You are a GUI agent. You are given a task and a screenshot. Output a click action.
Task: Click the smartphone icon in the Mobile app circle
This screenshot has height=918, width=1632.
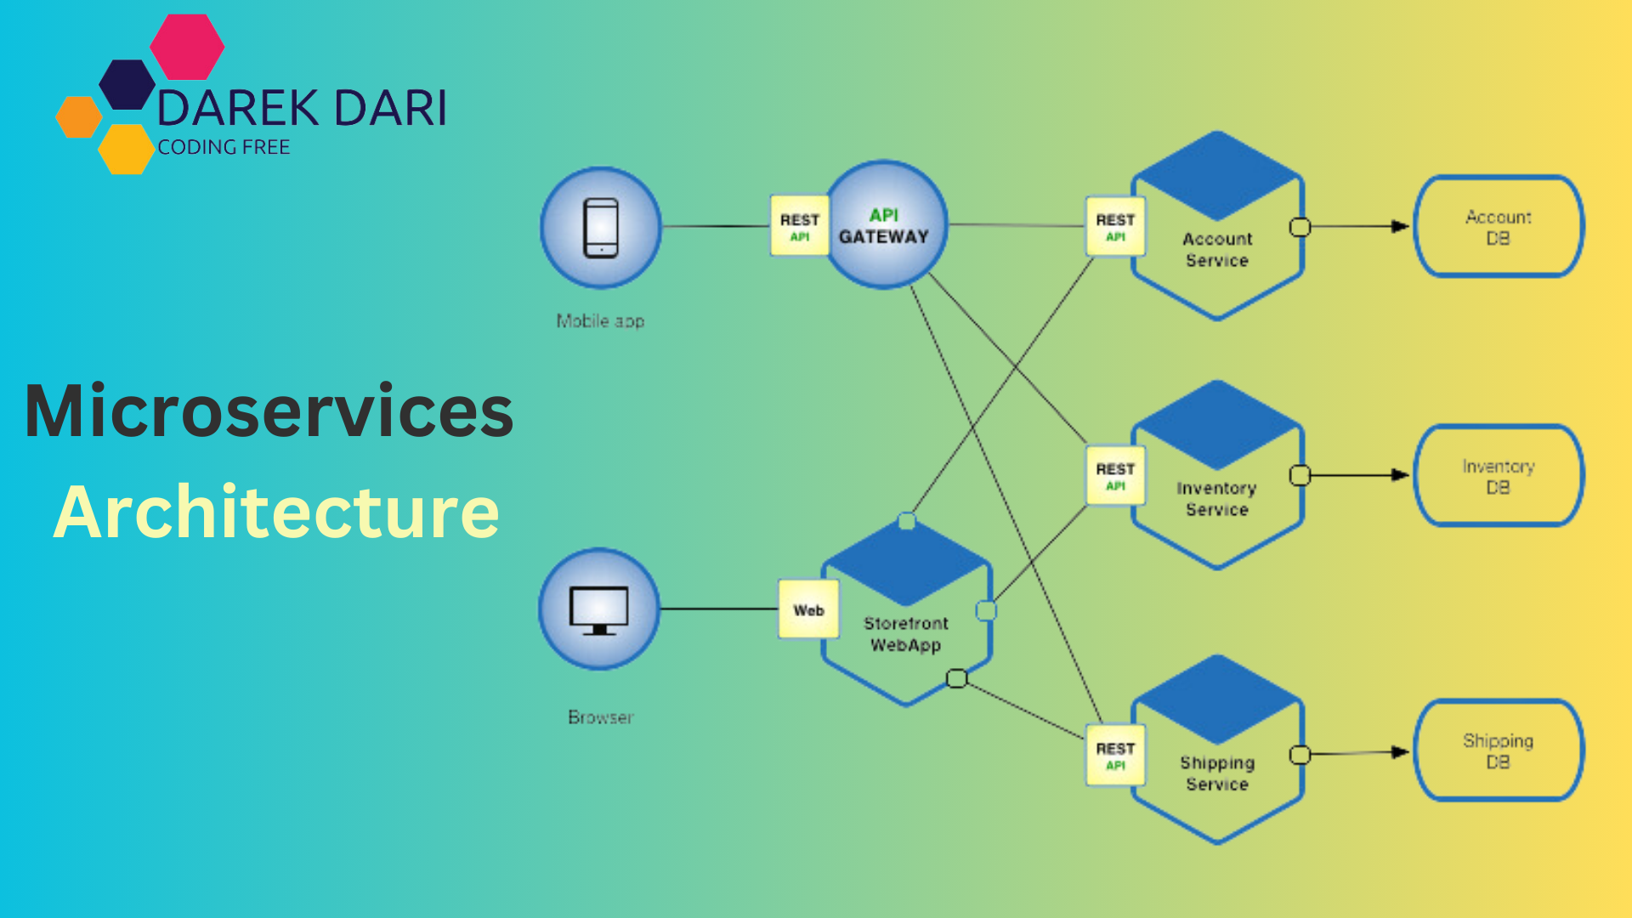point(601,227)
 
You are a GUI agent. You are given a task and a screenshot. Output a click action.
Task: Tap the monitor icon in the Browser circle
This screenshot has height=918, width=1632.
point(599,609)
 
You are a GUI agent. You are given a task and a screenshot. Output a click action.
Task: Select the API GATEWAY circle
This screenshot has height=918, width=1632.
point(885,226)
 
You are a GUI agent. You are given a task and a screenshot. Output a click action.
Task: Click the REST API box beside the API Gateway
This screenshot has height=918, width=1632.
point(799,226)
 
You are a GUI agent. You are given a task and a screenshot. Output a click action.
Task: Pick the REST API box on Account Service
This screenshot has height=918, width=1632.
point(1115,226)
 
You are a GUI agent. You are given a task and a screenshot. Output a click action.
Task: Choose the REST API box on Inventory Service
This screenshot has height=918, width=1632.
point(1115,476)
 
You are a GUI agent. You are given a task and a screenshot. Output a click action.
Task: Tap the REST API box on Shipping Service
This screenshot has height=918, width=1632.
point(1115,755)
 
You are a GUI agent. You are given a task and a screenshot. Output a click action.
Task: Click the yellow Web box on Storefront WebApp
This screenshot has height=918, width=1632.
point(808,609)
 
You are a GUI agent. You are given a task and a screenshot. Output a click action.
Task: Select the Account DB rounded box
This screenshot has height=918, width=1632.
point(1498,227)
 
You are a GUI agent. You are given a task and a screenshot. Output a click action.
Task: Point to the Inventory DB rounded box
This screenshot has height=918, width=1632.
point(1498,476)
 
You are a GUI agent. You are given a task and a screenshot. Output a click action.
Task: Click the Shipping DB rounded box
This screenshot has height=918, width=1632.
point(1498,751)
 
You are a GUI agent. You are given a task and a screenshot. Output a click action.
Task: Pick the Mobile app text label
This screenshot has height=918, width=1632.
point(600,321)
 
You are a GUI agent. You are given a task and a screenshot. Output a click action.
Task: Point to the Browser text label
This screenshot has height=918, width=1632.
point(601,717)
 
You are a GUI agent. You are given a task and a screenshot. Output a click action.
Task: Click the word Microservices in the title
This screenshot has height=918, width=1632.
point(269,411)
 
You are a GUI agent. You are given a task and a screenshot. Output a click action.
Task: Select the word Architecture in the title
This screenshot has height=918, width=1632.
point(276,512)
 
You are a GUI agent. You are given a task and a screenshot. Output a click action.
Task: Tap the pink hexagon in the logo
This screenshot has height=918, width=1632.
point(187,47)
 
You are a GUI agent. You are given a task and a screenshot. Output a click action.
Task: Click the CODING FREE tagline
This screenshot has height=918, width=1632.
point(224,147)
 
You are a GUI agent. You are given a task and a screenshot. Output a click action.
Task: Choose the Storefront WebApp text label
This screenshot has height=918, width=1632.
point(906,634)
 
